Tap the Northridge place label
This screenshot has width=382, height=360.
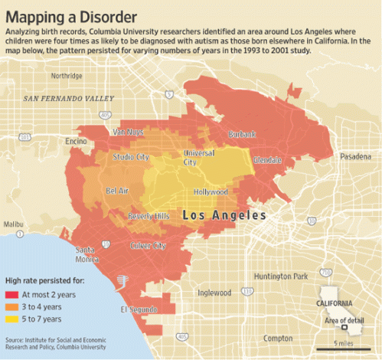(x=67, y=76)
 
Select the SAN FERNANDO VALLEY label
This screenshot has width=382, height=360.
(x=68, y=99)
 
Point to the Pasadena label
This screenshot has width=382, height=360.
(x=355, y=156)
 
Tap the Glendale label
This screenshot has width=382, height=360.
(x=268, y=160)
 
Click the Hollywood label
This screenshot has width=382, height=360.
(x=211, y=191)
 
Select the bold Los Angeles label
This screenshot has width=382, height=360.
(x=224, y=216)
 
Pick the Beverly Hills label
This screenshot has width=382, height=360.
(x=149, y=216)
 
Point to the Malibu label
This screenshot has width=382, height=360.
(x=14, y=224)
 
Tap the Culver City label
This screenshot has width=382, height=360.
(x=148, y=246)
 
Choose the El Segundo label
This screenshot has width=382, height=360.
(x=139, y=309)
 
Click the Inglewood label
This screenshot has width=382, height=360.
(x=214, y=292)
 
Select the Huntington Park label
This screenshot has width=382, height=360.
(x=281, y=276)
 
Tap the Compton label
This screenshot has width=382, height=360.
(x=277, y=338)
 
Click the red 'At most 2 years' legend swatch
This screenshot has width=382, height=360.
(x=12, y=294)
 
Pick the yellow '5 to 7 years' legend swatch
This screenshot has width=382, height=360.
(x=12, y=317)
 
